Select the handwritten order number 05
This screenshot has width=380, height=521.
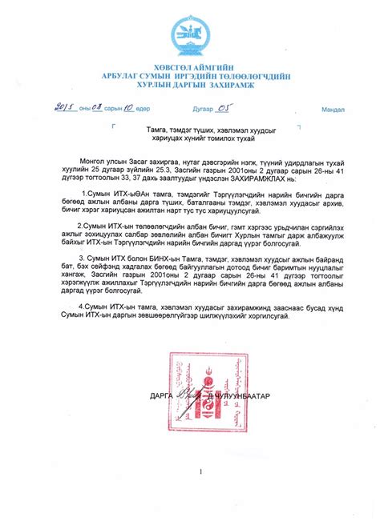coord(227,107)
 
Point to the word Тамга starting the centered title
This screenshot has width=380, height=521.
coord(158,128)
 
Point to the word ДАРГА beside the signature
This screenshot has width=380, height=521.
coord(161,396)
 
